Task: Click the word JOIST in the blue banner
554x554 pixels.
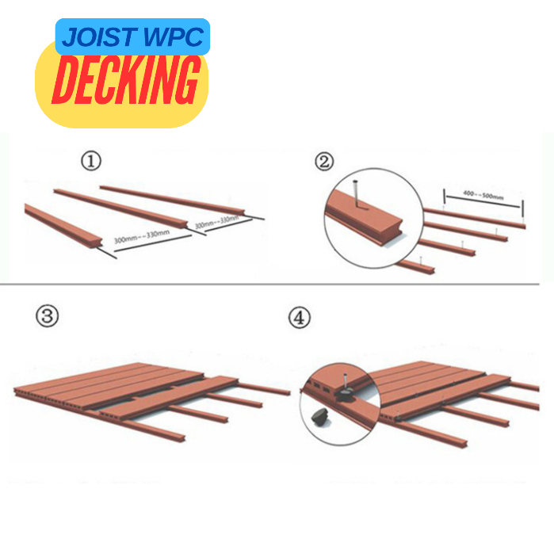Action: click(99, 37)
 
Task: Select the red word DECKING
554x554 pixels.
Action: click(125, 80)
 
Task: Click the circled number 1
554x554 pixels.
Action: click(91, 161)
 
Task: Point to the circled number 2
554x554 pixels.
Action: click(324, 162)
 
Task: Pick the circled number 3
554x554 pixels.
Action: click(47, 316)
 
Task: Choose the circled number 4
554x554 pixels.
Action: click(300, 317)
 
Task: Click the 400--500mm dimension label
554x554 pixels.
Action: click(483, 195)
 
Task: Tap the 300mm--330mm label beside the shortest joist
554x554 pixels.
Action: click(142, 236)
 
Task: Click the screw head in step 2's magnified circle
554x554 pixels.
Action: click(356, 182)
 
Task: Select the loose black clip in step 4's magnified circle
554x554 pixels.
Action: click(319, 415)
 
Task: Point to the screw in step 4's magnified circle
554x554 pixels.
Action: click(345, 381)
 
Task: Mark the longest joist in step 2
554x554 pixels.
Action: click(475, 218)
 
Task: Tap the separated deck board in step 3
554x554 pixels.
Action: click(169, 397)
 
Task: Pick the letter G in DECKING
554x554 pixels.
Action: click(185, 81)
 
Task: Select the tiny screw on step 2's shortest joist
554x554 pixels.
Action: click(420, 261)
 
